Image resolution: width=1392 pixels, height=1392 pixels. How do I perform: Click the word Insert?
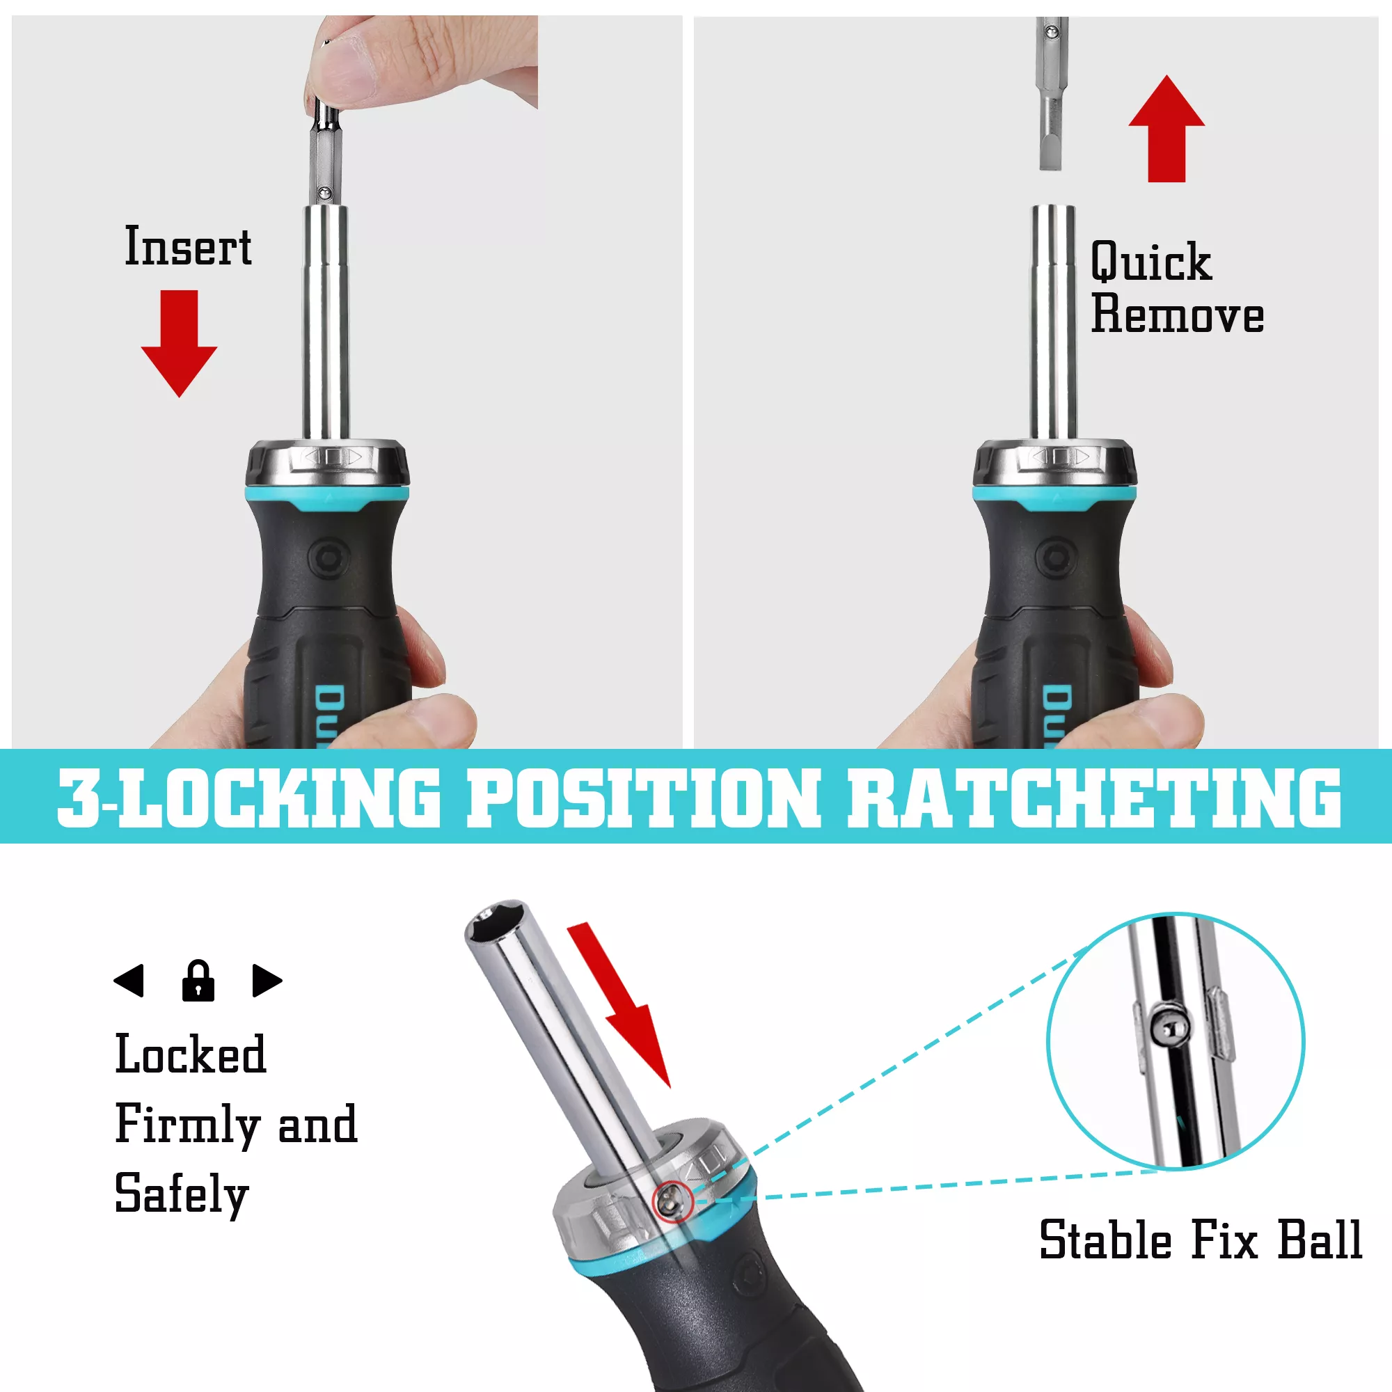(x=188, y=246)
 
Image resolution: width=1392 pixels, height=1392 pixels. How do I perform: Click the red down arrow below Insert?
(x=179, y=343)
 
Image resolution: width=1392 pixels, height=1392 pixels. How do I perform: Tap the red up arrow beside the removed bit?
(x=1166, y=128)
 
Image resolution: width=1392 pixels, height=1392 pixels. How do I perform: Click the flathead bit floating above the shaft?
(x=1051, y=93)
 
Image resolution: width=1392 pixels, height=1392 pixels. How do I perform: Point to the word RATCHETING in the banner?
(x=1093, y=797)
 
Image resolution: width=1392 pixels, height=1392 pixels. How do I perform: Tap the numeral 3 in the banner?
(x=79, y=797)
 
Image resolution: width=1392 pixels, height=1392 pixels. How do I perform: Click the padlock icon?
(x=198, y=980)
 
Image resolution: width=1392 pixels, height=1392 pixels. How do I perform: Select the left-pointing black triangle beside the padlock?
(x=129, y=981)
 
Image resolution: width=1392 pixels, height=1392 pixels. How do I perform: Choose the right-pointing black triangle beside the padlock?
(x=267, y=981)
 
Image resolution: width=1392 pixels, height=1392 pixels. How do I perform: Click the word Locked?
(x=191, y=1054)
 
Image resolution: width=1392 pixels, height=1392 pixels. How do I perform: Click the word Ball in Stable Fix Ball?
(x=1319, y=1240)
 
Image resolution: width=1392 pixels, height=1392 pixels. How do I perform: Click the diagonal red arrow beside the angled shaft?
(x=619, y=1004)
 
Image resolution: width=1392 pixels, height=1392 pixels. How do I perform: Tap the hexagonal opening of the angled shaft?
(x=494, y=922)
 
